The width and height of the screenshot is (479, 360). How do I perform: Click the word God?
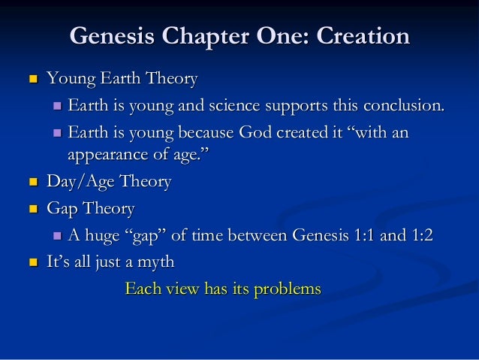click(x=257, y=133)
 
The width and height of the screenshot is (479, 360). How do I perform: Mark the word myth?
click(x=155, y=262)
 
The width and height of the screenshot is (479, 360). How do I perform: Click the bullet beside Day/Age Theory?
click(x=32, y=183)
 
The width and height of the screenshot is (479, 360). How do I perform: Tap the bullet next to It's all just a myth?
click(x=32, y=262)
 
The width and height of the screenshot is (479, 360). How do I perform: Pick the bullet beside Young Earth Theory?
click(x=32, y=79)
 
